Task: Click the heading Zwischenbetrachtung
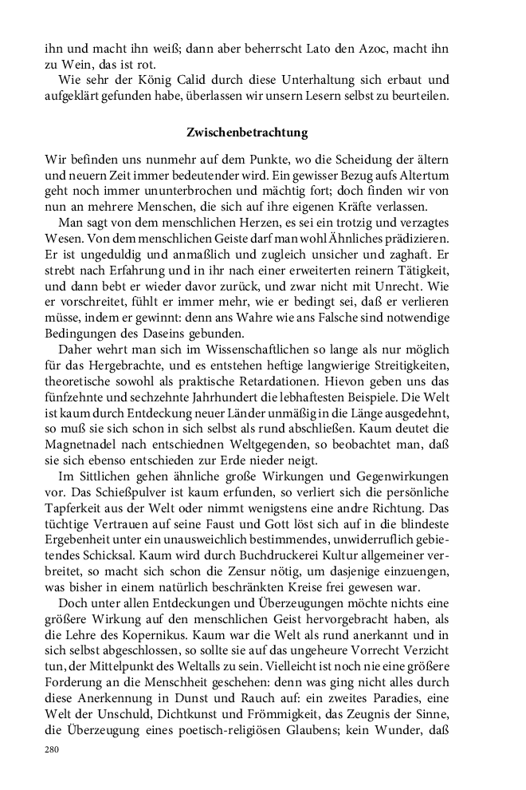tap(247, 131)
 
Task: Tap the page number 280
tap(53, 751)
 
